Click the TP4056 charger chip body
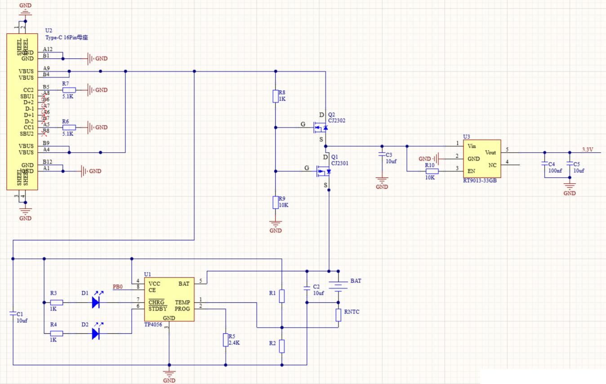tap(169, 299)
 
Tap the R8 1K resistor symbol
tap(276, 96)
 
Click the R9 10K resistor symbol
tap(276, 202)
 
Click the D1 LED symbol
tap(96, 302)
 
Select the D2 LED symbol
tap(96, 333)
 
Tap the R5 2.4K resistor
tap(225, 340)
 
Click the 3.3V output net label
tap(588, 149)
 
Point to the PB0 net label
tap(117, 287)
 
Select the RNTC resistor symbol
tap(338, 315)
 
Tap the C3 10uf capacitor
tap(382, 154)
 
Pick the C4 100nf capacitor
tap(545, 164)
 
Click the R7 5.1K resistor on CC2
tap(69, 90)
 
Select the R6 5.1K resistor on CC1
tap(69, 128)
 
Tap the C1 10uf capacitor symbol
tap(13, 314)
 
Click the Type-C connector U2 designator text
tap(49, 30)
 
